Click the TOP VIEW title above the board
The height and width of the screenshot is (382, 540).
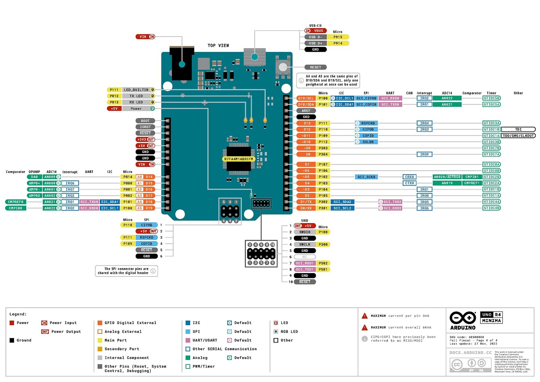click(x=218, y=45)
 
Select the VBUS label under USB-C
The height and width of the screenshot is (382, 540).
click(x=318, y=31)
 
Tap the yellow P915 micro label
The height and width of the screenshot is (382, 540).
click(x=338, y=37)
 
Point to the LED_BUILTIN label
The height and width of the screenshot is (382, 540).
click(x=136, y=90)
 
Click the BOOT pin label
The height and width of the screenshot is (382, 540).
click(x=145, y=121)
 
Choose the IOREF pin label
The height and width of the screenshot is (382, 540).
click(x=145, y=127)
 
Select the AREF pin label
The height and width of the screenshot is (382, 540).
click(x=306, y=111)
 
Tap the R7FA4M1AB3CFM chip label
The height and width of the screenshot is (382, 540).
click(x=238, y=159)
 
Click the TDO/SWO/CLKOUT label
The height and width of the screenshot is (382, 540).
click(x=518, y=136)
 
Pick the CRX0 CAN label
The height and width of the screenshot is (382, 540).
click(x=409, y=177)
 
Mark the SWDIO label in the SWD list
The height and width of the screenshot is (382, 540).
click(x=305, y=232)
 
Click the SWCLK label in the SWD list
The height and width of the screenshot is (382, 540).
click(x=305, y=245)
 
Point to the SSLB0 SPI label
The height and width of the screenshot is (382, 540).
click(x=368, y=142)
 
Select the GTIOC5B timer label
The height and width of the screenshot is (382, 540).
click(x=491, y=98)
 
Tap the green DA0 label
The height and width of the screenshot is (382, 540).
click(x=34, y=177)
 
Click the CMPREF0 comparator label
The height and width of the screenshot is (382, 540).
click(x=16, y=202)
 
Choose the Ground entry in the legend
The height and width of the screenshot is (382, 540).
click(x=23, y=341)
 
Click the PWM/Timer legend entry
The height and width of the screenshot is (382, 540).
click(x=203, y=367)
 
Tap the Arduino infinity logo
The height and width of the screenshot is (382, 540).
click(x=463, y=317)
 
